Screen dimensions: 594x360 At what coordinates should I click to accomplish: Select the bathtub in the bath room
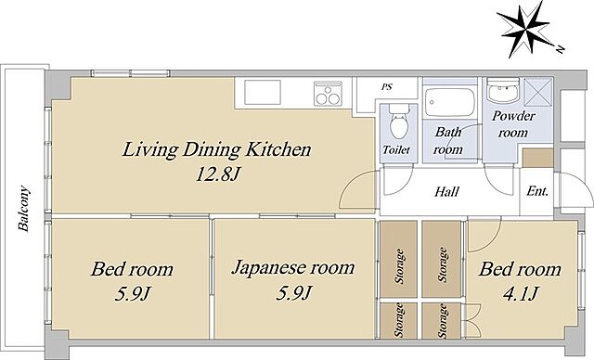point(449,102)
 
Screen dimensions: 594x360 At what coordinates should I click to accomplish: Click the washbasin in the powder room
point(503,91)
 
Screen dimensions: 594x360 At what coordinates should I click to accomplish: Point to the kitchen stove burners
point(328,94)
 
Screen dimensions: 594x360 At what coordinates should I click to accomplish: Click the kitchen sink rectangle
point(262,93)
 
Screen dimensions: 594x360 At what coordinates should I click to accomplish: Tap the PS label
point(386,86)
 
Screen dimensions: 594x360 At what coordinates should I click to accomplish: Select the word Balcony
point(24,209)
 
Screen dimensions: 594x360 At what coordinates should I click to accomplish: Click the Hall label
point(446,191)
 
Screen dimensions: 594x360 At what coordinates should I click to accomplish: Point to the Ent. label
point(537,191)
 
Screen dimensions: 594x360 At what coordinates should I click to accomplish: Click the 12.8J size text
point(218,174)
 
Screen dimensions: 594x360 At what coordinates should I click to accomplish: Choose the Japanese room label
point(293,267)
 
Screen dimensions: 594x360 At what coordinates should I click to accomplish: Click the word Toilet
point(396,150)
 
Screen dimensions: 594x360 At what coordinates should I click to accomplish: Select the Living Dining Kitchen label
point(216,149)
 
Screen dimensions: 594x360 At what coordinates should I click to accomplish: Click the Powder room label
point(513,123)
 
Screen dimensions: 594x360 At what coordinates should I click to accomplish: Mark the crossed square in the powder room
point(538,92)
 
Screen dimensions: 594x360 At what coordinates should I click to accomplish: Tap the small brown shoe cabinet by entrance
point(538,158)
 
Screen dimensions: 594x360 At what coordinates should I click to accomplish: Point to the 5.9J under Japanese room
point(294,292)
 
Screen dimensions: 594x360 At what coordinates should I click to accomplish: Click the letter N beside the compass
point(560,48)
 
